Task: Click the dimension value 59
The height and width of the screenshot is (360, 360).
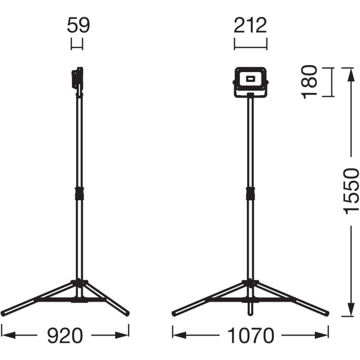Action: coord(78,25)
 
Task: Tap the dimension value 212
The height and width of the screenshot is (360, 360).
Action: coord(250,25)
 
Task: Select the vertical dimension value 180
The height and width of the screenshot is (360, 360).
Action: coord(310,82)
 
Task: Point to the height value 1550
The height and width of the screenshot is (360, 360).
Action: coord(351,191)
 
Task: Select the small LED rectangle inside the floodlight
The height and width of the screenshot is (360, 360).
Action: coord(250,78)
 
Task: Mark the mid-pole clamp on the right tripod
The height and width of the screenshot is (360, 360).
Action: coord(250,193)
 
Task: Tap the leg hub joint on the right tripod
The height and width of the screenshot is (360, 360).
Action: coord(250,283)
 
